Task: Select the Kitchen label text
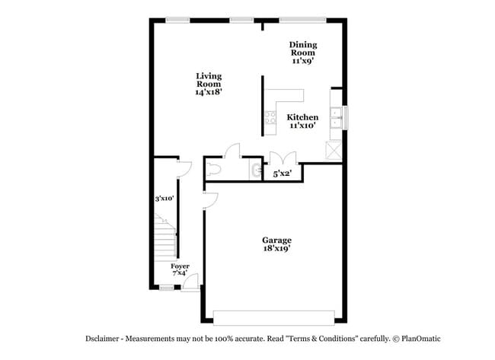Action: click(302, 117)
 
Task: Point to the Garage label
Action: click(277, 240)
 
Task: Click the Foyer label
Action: click(180, 266)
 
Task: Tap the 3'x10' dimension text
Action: click(164, 199)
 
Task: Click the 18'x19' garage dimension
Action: click(277, 248)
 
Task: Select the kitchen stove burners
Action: click(270, 117)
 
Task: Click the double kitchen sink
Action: click(336, 118)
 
